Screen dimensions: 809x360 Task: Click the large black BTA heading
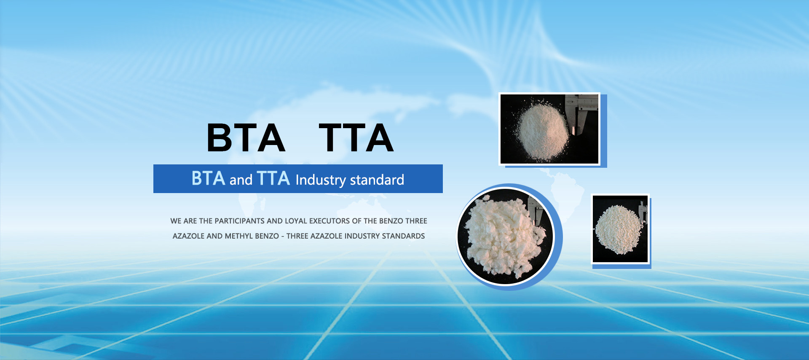[x=246, y=137]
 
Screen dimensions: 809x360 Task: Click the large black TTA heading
[x=356, y=137]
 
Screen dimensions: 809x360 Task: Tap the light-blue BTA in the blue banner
[x=209, y=178]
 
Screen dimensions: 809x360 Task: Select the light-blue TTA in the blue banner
[x=273, y=178]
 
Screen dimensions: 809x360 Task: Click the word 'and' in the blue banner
[x=241, y=180]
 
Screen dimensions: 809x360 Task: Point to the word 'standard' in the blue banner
[x=377, y=180]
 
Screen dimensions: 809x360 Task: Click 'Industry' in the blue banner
[x=321, y=180]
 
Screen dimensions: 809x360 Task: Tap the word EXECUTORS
[x=329, y=221]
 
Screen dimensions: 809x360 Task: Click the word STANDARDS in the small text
[x=404, y=236]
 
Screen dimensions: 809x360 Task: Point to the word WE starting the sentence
[x=176, y=221]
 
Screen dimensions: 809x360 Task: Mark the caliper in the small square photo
[x=643, y=211]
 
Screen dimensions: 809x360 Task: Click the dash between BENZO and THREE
[x=283, y=236]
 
